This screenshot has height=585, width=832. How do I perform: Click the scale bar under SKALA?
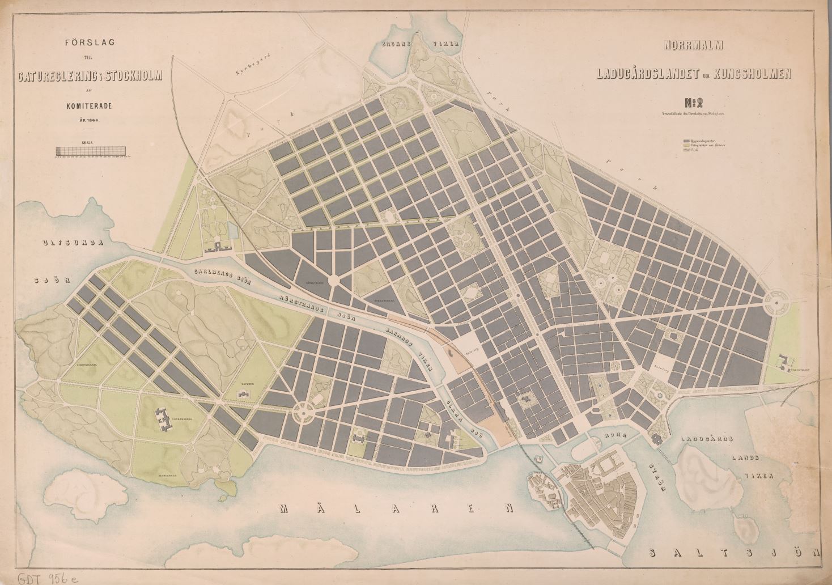click(92, 151)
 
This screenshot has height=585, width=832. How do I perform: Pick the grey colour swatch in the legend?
click(687, 139)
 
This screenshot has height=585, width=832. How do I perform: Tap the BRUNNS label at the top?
click(399, 44)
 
